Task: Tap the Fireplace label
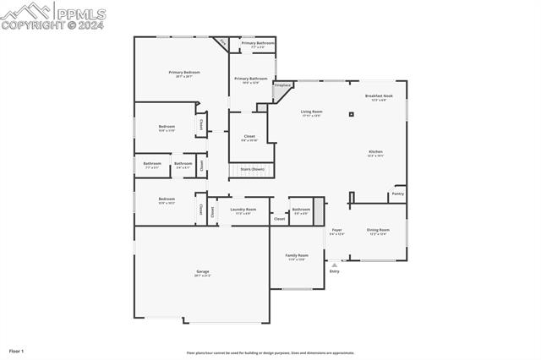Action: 282,85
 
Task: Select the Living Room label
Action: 311,112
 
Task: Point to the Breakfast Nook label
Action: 379,96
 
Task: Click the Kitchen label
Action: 375,152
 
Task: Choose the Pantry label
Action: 397,194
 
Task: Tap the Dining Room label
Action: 378,230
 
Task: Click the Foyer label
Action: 336,230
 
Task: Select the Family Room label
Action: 297,255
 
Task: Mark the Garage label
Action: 203,271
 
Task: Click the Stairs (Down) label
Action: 252,169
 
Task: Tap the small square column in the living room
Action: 351,114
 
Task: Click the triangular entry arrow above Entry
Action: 335,265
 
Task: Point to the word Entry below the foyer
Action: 335,271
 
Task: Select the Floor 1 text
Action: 16,350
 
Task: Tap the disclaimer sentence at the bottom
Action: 270,353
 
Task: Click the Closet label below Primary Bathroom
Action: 249,136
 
